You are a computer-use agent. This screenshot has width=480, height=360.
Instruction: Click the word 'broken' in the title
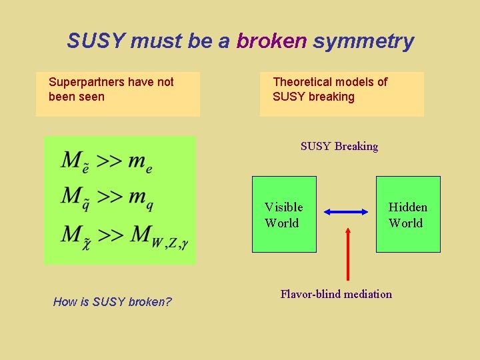click(x=271, y=41)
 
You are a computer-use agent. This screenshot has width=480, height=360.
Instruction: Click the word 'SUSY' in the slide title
click(x=96, y=41)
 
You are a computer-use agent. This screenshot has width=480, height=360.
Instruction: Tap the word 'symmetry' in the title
click(x=363, y=41)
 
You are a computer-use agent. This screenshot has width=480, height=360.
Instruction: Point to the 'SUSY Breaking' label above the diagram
click(x=339, y=147)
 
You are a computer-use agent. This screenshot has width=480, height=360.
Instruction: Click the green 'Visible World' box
click(x=284, y=215)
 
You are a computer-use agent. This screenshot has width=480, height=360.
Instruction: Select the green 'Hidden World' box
click(x=408, y=215)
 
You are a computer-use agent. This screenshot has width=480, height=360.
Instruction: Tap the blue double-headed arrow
click(x=347, y=212)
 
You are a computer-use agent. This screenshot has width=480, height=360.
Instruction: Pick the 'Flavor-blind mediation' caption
click(x=336, y=294)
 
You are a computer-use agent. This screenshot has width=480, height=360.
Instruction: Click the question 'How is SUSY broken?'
click(x=112, y=302)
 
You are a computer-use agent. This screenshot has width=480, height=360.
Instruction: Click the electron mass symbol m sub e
click(x=140, y=162)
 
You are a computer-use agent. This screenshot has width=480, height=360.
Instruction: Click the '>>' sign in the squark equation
click(x=109, y=196)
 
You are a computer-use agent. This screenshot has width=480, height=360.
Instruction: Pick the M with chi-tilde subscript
click(x=74, y=236)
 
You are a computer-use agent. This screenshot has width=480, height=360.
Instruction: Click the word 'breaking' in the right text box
click(x=332, y=97)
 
